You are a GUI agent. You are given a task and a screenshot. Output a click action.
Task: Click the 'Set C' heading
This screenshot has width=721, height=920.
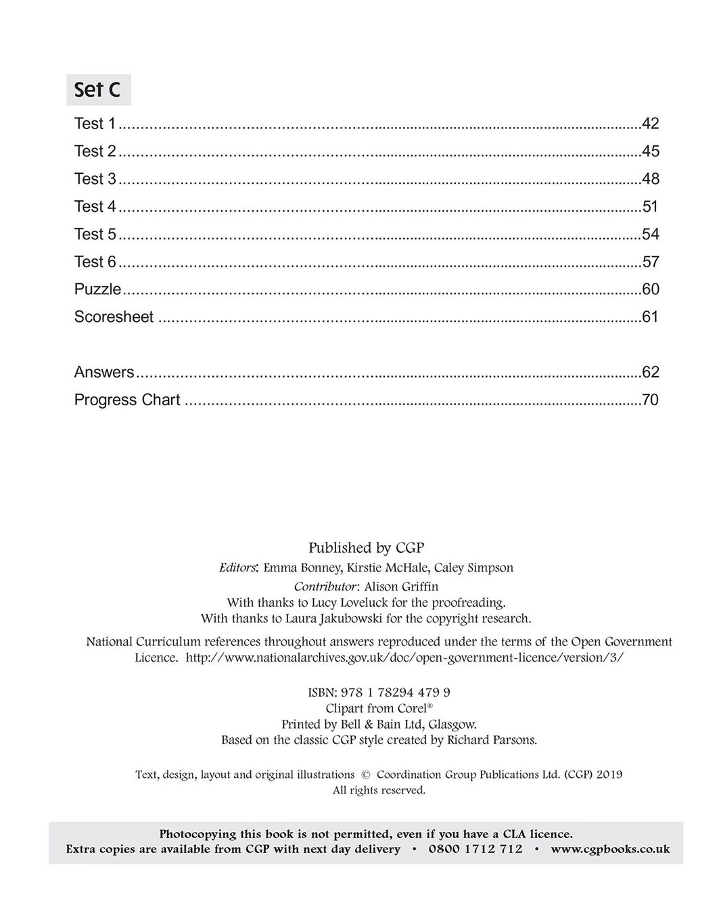[98, 90]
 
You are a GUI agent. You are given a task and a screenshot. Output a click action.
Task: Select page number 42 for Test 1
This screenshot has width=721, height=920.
[650, 124]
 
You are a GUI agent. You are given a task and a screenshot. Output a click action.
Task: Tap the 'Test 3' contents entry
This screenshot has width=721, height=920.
[95, 179]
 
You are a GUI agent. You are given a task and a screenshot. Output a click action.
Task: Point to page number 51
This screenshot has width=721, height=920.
[650, 207]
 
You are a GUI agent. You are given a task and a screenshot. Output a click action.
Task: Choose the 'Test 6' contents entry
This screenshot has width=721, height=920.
[95, 262]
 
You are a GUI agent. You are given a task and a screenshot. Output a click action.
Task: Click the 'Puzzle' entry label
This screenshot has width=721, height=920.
[97, 290]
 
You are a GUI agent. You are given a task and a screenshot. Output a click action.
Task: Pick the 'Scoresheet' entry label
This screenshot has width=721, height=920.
[114, 317]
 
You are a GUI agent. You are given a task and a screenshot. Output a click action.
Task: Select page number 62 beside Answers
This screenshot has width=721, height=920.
[650, 373]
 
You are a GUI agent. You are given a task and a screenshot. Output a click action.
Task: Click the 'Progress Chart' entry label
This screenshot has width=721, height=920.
[127, 400]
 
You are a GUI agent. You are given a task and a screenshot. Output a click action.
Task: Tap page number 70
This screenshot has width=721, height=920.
[650, 400]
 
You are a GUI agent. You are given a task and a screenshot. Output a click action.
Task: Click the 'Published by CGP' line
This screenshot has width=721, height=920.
[366, 548]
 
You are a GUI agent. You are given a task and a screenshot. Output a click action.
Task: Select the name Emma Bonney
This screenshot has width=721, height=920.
[302, 568]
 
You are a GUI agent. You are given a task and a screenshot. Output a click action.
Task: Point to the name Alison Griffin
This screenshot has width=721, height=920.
[401, 586]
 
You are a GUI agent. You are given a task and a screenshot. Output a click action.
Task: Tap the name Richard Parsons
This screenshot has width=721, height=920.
[492, 740]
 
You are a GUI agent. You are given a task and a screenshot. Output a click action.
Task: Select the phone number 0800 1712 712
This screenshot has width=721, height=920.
[475, 849]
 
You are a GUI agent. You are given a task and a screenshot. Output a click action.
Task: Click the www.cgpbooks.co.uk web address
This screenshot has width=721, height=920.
[610, 849]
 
